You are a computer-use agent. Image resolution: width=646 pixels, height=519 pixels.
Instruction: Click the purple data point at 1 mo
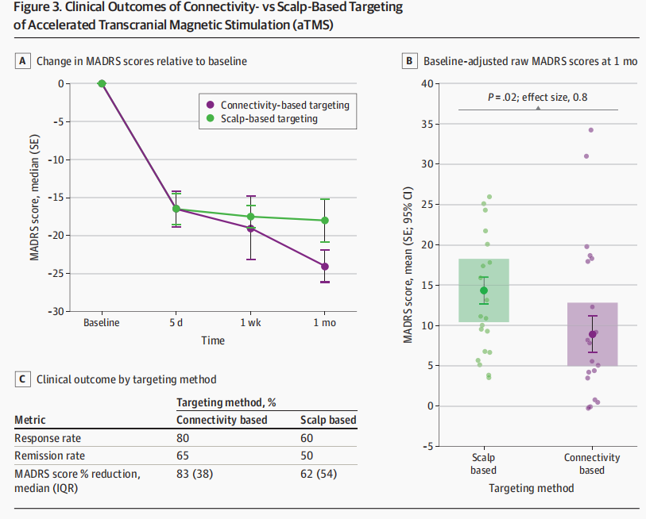tap(325, 267)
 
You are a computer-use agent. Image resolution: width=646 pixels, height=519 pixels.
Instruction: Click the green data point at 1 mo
tap(325, 221)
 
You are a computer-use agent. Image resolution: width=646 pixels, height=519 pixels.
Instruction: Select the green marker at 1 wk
tap(250, 217)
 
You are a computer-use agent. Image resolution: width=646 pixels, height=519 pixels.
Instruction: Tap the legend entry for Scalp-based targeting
tap(262, 118)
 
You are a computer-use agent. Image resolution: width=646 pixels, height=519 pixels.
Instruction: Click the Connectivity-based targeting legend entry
tap(277, 105)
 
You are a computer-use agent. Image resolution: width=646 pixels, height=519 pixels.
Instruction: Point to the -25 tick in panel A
tap(56, 274)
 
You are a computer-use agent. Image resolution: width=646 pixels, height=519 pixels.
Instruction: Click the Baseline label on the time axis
tap(102, 323)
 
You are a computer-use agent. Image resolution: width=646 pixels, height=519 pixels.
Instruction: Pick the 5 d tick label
tap(176, 323)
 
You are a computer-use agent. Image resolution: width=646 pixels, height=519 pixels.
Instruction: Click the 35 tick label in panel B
tap(427, 124)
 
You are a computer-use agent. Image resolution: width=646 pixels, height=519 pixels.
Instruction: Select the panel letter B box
tap(409, 61)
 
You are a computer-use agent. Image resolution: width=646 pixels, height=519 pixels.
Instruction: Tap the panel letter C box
tap(22, 379)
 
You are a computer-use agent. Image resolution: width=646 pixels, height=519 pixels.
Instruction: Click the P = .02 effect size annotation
tap(538, 98)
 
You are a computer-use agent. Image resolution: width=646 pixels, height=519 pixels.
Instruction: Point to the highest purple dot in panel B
tap(591, 130)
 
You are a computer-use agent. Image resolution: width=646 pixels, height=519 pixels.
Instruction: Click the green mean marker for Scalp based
tap(484, 290)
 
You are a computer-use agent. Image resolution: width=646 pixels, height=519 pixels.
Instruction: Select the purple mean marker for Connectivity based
tap(593, 334)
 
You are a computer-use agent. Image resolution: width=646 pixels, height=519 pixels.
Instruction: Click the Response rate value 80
tap(183, 438)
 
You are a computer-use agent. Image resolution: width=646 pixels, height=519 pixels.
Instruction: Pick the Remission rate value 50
tap(307, 456)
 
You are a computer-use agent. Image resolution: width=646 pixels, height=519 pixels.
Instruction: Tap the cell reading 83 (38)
tap(195, 474)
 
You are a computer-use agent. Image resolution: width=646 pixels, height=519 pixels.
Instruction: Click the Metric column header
tap(29, 420)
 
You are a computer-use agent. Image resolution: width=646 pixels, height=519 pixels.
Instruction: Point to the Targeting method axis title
tap(531, 489)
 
